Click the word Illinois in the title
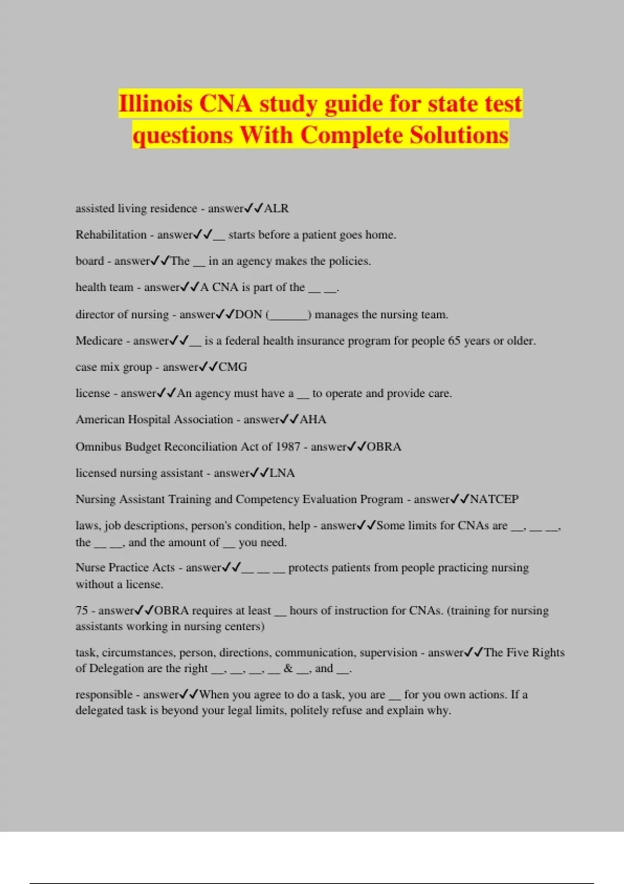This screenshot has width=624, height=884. tap(155, 103)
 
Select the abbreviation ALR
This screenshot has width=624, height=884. tap(276, 209)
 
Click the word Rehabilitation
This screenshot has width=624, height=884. tap(111, 235)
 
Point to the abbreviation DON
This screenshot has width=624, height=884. tap(249, 315)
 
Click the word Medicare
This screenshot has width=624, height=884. tap(99, 341)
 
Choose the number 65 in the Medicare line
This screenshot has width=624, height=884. tap(454, 341)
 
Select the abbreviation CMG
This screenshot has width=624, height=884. tap(232, 367)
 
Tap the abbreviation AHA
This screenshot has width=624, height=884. tap(313, 420)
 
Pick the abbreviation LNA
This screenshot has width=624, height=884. tap(282, 473)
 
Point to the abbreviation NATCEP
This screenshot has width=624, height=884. tap(494, 499)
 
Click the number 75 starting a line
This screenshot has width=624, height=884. tap(82, 610)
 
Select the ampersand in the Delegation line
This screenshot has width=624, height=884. tap(288, 668)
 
